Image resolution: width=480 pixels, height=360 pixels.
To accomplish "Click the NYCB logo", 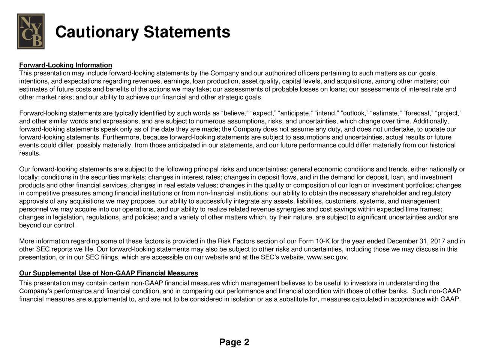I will coord(31,31).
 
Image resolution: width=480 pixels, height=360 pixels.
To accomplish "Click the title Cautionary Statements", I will coord(142,32).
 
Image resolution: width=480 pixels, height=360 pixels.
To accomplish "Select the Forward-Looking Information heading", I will coord(66,66).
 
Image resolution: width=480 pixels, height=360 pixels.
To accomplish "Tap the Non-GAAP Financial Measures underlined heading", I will coord(109,273).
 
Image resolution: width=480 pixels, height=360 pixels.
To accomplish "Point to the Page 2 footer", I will coord(234,342).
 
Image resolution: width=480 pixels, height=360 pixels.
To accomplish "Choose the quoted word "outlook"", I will coord(354,113).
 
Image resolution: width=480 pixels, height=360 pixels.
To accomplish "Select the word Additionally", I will coord(430,121).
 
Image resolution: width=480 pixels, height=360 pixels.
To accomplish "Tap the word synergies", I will coord(292,209).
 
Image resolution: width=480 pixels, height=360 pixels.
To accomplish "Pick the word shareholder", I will coord(390,193).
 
